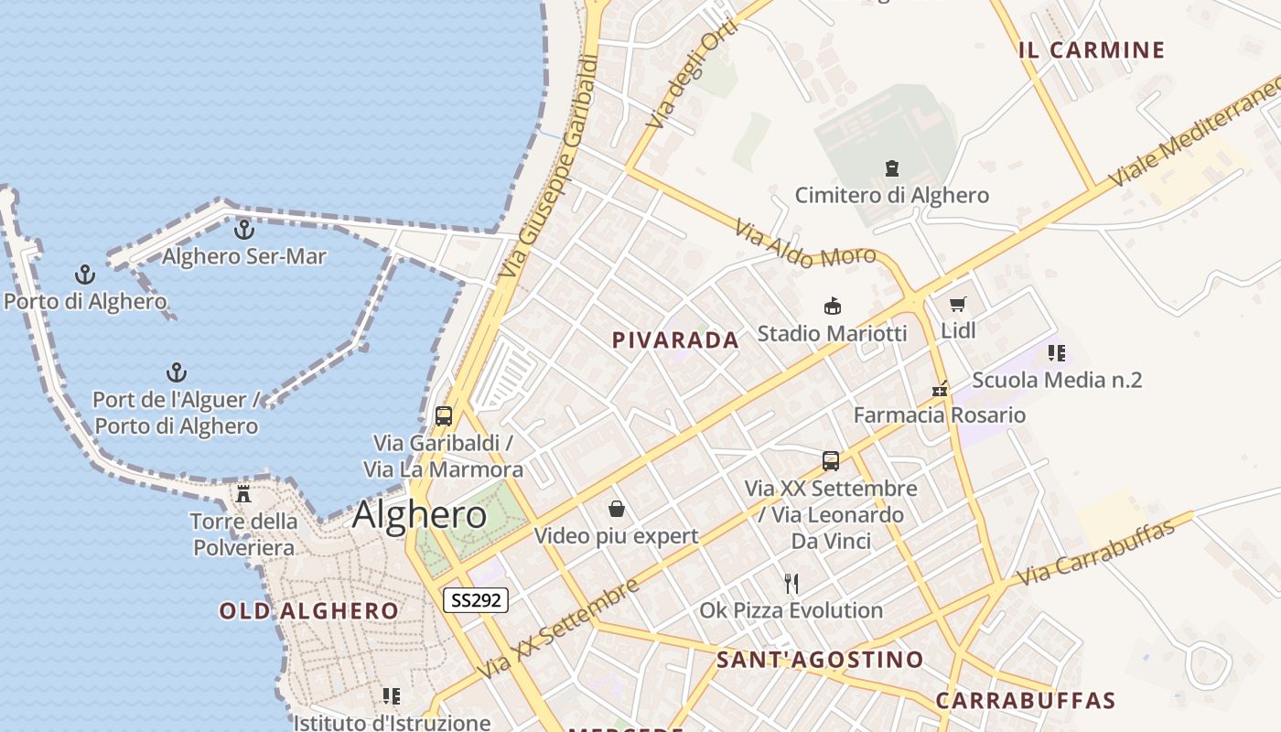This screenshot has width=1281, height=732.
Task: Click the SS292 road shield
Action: coord(476,600)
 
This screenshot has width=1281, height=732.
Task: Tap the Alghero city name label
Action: coord(420,515)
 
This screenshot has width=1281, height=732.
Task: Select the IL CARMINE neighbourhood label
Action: coord(1092,50)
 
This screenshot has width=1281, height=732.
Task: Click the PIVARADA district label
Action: coord(675,340)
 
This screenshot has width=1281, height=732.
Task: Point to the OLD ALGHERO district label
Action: coord(309,611)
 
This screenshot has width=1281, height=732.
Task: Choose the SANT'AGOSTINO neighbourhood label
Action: coord(820,660)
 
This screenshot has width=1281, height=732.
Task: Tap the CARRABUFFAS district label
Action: coord(1026,702)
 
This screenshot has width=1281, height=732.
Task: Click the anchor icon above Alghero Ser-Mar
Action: coord(243,230)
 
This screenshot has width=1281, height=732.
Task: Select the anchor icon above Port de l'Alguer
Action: coord(176,372)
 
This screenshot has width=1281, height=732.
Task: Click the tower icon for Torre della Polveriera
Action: coord(243,494)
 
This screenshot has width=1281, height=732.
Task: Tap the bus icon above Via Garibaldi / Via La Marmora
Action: coord(444,416)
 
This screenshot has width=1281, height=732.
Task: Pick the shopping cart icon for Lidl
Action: coord(958,304)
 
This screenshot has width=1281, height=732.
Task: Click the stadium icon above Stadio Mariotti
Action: coord(832,306)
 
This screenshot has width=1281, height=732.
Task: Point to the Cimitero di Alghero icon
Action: coord(891,168)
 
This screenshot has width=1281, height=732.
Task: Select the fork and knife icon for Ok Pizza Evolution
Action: coord(791,583)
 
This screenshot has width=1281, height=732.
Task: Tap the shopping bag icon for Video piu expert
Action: coord(617,509)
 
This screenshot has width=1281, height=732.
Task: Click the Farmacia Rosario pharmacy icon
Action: coord(939,389)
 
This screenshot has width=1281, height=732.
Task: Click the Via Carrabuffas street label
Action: coord(1095,553)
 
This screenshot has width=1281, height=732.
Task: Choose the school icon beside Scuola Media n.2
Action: coord(1057,353)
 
